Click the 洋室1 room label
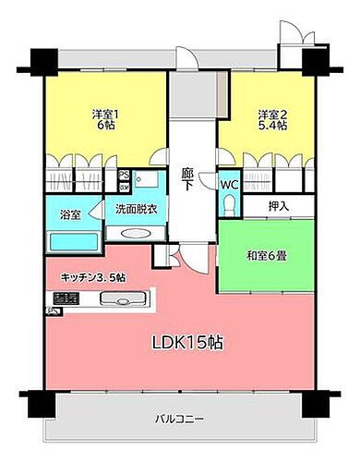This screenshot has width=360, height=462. tap(104, 114)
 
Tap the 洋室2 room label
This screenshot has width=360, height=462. tap(270, 114)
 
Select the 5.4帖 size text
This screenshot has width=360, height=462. tap(270, 128)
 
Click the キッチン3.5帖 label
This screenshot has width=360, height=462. tap(94, 276)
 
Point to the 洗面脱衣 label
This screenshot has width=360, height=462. tap(136, 209)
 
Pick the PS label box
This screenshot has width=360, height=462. tap(123, 173)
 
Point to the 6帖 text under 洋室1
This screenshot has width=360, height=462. tap(104, 128)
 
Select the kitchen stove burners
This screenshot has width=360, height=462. tap(63, 298)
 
